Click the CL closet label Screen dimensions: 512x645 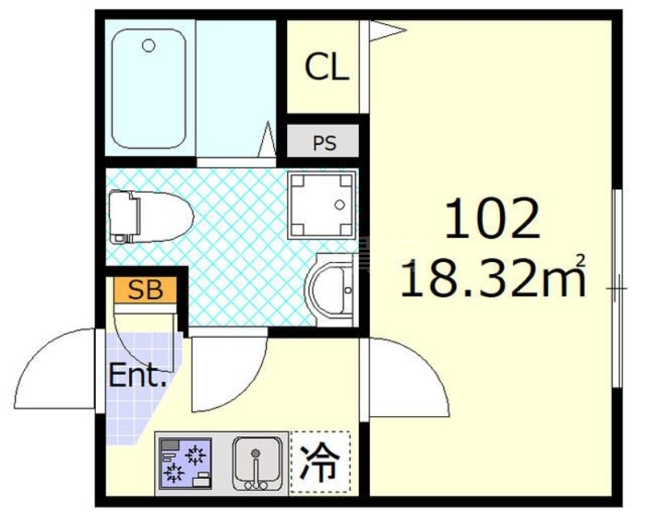point(327,69)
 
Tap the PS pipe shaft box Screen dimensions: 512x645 point(324,144)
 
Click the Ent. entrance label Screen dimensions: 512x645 point(138,376)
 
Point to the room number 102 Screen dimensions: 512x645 point(492,219)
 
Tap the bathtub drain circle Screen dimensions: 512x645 point(148,46)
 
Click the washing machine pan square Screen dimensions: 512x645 point(321,206)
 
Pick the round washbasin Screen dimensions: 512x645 point(331,288)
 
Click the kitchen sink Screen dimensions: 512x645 point(257,462)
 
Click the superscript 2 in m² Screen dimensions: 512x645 point(579,260)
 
